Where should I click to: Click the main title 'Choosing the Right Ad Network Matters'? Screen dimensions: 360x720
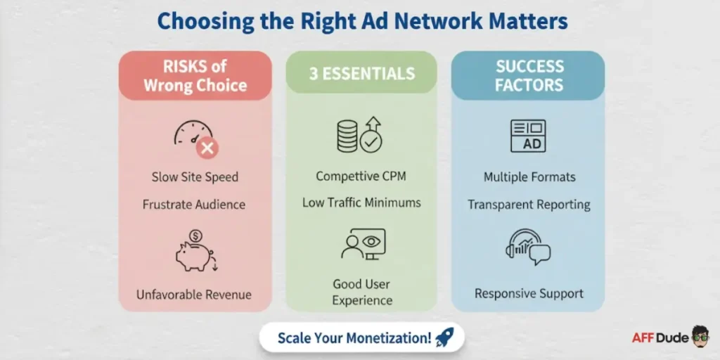point(362,21)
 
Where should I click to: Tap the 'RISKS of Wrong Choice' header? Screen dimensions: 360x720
point(195,76)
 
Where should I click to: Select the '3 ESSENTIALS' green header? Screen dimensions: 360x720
point(361,74)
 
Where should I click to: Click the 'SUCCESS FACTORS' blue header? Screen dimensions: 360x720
point(529,76)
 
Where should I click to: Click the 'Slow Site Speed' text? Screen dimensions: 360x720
point(195,177)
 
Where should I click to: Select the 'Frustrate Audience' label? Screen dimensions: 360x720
point(194,205)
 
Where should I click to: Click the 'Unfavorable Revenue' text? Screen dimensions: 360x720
point(193,294)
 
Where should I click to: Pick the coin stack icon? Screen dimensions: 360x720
point(347,136)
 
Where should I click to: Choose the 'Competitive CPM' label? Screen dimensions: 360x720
point(361,176)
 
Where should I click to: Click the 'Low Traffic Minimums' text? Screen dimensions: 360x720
point(361,202)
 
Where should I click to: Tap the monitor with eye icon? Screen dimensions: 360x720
point(363,245)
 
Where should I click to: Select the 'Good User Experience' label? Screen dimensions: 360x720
point(361,292)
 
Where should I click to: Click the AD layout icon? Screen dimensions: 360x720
point(527,136)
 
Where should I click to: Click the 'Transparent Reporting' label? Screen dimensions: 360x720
point(529,205)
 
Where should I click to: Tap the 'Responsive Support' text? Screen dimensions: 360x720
point(529,293)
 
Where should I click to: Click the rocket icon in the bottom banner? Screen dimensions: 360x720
point(444,337)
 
